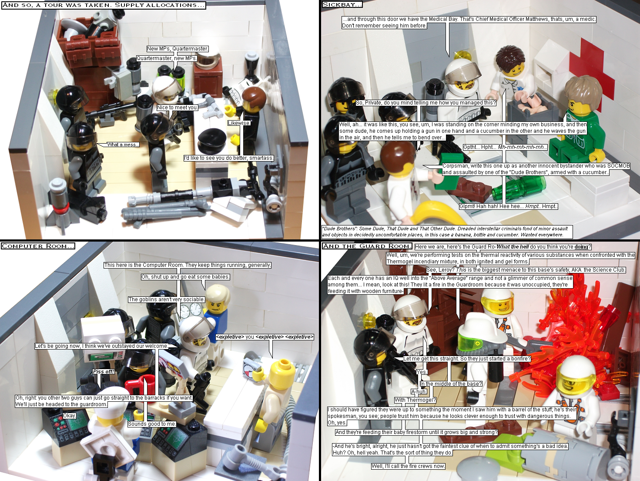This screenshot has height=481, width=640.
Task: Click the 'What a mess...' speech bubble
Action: tap(123, 145)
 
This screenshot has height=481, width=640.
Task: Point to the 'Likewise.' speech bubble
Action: tap(239, 123)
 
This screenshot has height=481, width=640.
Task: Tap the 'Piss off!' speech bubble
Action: tap(104, 372)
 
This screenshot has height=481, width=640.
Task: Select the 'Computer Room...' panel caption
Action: tap(38, 246)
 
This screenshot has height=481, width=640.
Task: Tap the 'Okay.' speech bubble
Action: tap(70, 416)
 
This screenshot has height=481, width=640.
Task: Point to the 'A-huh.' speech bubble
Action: tap(419, 392)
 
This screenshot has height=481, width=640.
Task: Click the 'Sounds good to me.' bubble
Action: tap(152, 424)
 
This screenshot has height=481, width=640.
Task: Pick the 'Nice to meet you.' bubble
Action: tap(177, 108)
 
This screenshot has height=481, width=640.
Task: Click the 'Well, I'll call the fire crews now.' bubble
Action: tap(408, 466)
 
